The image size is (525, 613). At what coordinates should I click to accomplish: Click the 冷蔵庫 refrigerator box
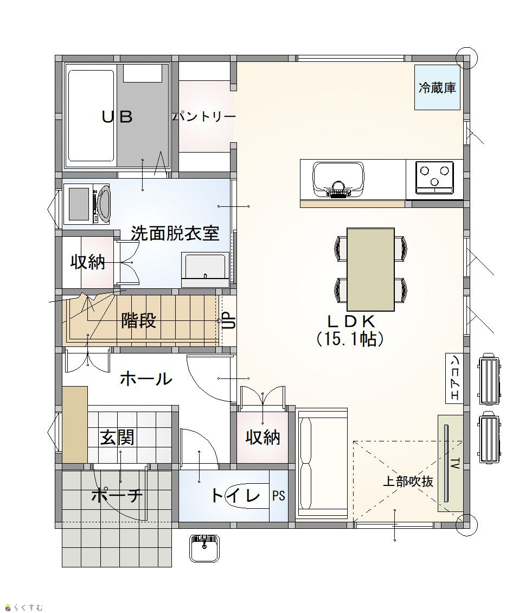pyautogui.click(x=437, y=87)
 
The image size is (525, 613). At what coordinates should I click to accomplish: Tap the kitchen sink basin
pyautogui.click(x=338, y=179)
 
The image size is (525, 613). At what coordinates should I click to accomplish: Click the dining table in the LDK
pyautogui.click(x=370, y=269)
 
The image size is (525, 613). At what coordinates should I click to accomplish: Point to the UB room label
pyautogui.click(x=117, y=117)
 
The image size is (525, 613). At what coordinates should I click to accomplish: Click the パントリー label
pyautogui.click(x=204, y=117)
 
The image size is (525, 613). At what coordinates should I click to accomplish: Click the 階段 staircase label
pyautogui.click(x=139, y=320)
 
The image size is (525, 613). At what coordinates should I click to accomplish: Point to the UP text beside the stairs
pyautogui.click(x=229, y=320)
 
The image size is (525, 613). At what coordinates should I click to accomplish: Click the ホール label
pyautogui.click(x=146, y=378)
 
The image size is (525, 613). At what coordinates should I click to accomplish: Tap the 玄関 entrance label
pyautogui.click(x=117, y=437)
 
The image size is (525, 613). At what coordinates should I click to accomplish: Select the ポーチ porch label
pyautogui.click(x=117, y=495)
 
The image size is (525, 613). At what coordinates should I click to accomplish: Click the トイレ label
pyautogui.click(x=235, y=495)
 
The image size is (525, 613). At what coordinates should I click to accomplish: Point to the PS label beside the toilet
pyautogui.click(x=279, y=496)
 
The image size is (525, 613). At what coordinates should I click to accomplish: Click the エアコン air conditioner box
pyautogui.click(x=454, y=378)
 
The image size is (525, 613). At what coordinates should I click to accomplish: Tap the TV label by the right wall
pyautogui.click(x=455, y=464)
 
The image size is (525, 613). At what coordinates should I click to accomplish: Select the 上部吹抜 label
pyautogui.click(x=408, y=481)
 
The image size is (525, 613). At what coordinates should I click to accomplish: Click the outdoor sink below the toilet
pyautogui.click(x=204, y=548)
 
